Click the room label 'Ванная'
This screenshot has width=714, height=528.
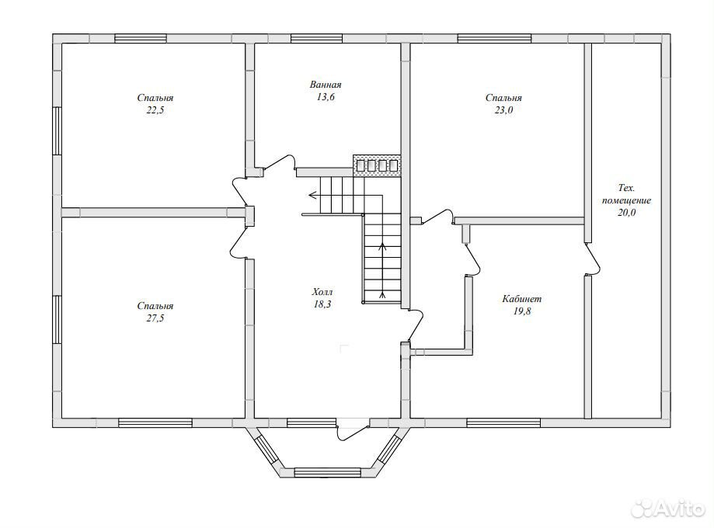click(325, 85)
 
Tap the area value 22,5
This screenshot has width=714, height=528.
click(155, 110)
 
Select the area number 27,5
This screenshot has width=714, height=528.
click(155, 318)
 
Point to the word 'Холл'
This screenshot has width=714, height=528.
click(322, 292)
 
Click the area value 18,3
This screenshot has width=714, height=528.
click(322, 304)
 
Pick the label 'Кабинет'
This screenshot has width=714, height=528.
click(522, 299)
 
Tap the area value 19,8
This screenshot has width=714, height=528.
click(522, 311)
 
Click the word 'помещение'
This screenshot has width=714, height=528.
click(626, 200)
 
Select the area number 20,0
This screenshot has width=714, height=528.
click(626, 213)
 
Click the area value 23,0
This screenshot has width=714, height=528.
click(503, 110)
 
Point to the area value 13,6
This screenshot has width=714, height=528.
click(325, 97)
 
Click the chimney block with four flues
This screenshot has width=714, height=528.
click(377, 165)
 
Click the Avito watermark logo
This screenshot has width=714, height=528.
click(667, 506)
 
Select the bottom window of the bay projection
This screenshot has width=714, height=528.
click(328, 472)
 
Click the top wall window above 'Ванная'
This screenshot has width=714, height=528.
click(316, 38)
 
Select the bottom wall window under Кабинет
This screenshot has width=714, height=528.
click(503, 423)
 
